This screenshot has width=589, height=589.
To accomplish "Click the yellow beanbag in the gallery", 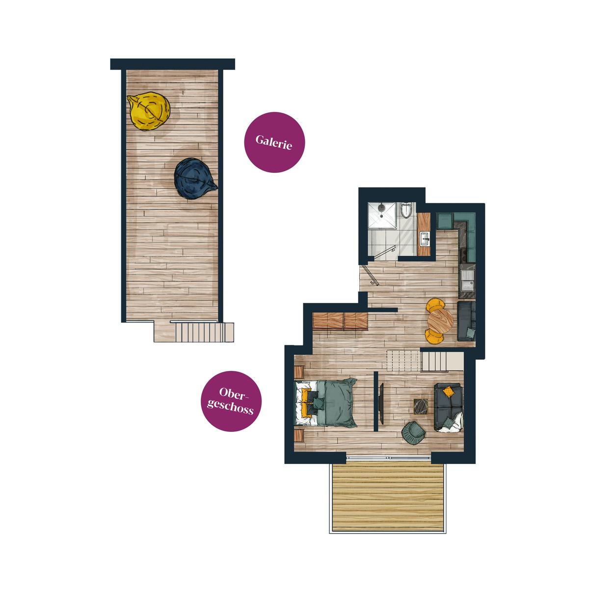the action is [149, 111].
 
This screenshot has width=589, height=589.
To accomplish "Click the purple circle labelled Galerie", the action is [274, 142].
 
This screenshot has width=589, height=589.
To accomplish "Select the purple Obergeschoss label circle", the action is [231, 401].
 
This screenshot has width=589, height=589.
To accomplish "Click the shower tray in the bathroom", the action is [382, 215].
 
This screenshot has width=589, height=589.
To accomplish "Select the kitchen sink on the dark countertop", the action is [468, 281].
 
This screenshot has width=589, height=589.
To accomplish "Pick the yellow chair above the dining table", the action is [435, 305].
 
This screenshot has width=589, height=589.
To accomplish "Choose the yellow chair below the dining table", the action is [434, 336].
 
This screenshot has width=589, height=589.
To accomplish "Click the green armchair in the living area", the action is [413, 432].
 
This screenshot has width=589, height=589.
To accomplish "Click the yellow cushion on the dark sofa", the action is [448, 392].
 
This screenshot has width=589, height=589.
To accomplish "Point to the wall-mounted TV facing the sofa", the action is [382, 404].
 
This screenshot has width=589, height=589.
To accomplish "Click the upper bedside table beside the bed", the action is [299, 372].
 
